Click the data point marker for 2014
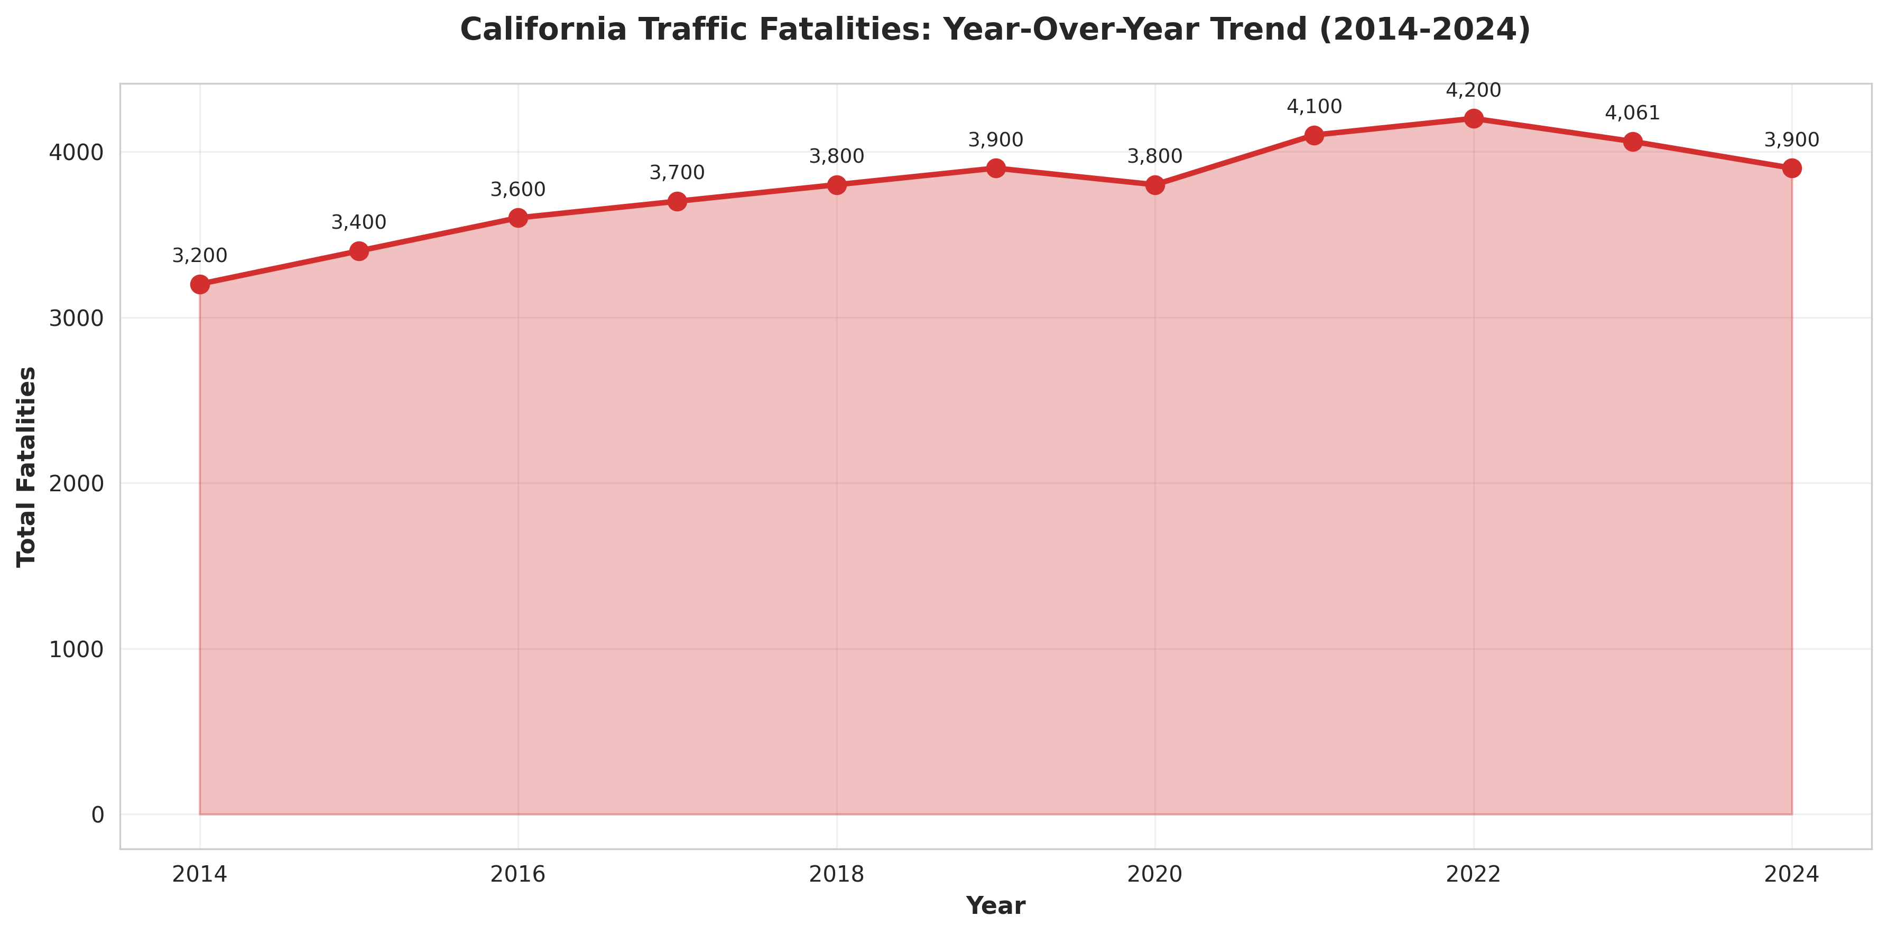pyautogui.click(x=200, y=284)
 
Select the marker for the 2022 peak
pyautogui.click(x=1474, y=119)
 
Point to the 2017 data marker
pyautogui.click(x=678, y=201)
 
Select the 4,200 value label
pyautogui.click(x=1473, y=91)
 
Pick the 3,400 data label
pyautogui.click(x=358, y=222)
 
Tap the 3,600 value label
pyautogui.click(x=518, y=190)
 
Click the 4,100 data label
pyautogui.click(x=1314, y=107)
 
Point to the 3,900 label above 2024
pyautogui.click(x=1791, y=140)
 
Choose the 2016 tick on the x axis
pyautogui.click(x=518, y=874)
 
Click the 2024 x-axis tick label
pyautogui.click(x=1791, y=874)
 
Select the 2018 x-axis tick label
pyautogui.click(x=837, y=874)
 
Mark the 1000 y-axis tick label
pyautogui.click(x=76, y=649)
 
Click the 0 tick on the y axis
pyautogui.click(x=97, y=815)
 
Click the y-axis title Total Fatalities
pyautogui.click(x=27, y=466)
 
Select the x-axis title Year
pyautogui.click(x=995, y=906)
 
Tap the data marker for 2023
pyautogui.click(x=1633, y=142)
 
